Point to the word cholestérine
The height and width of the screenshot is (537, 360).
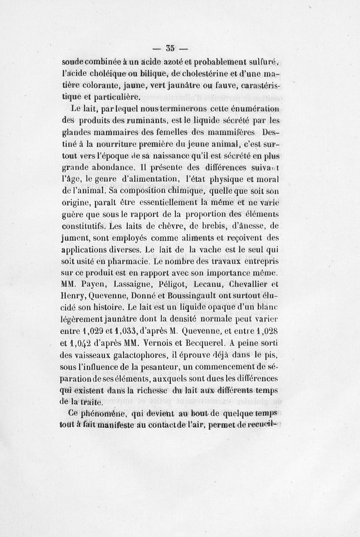212,74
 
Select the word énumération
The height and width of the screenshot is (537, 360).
257,109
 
